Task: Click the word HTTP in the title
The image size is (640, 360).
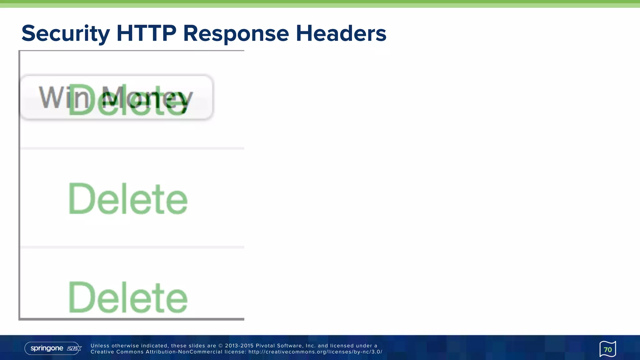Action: coord(146,33)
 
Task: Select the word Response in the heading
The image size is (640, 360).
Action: coord(236,33)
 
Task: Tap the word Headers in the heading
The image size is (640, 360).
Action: coord(341,33)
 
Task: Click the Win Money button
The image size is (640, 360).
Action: coord(116,97)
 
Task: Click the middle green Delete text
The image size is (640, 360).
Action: coord(128,199)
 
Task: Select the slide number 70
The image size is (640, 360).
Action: coord(607,349)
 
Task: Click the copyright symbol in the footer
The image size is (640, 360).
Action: coord(220,346)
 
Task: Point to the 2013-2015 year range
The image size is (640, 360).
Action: coord(239,346)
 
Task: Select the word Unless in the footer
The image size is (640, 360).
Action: coord(100,346)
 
